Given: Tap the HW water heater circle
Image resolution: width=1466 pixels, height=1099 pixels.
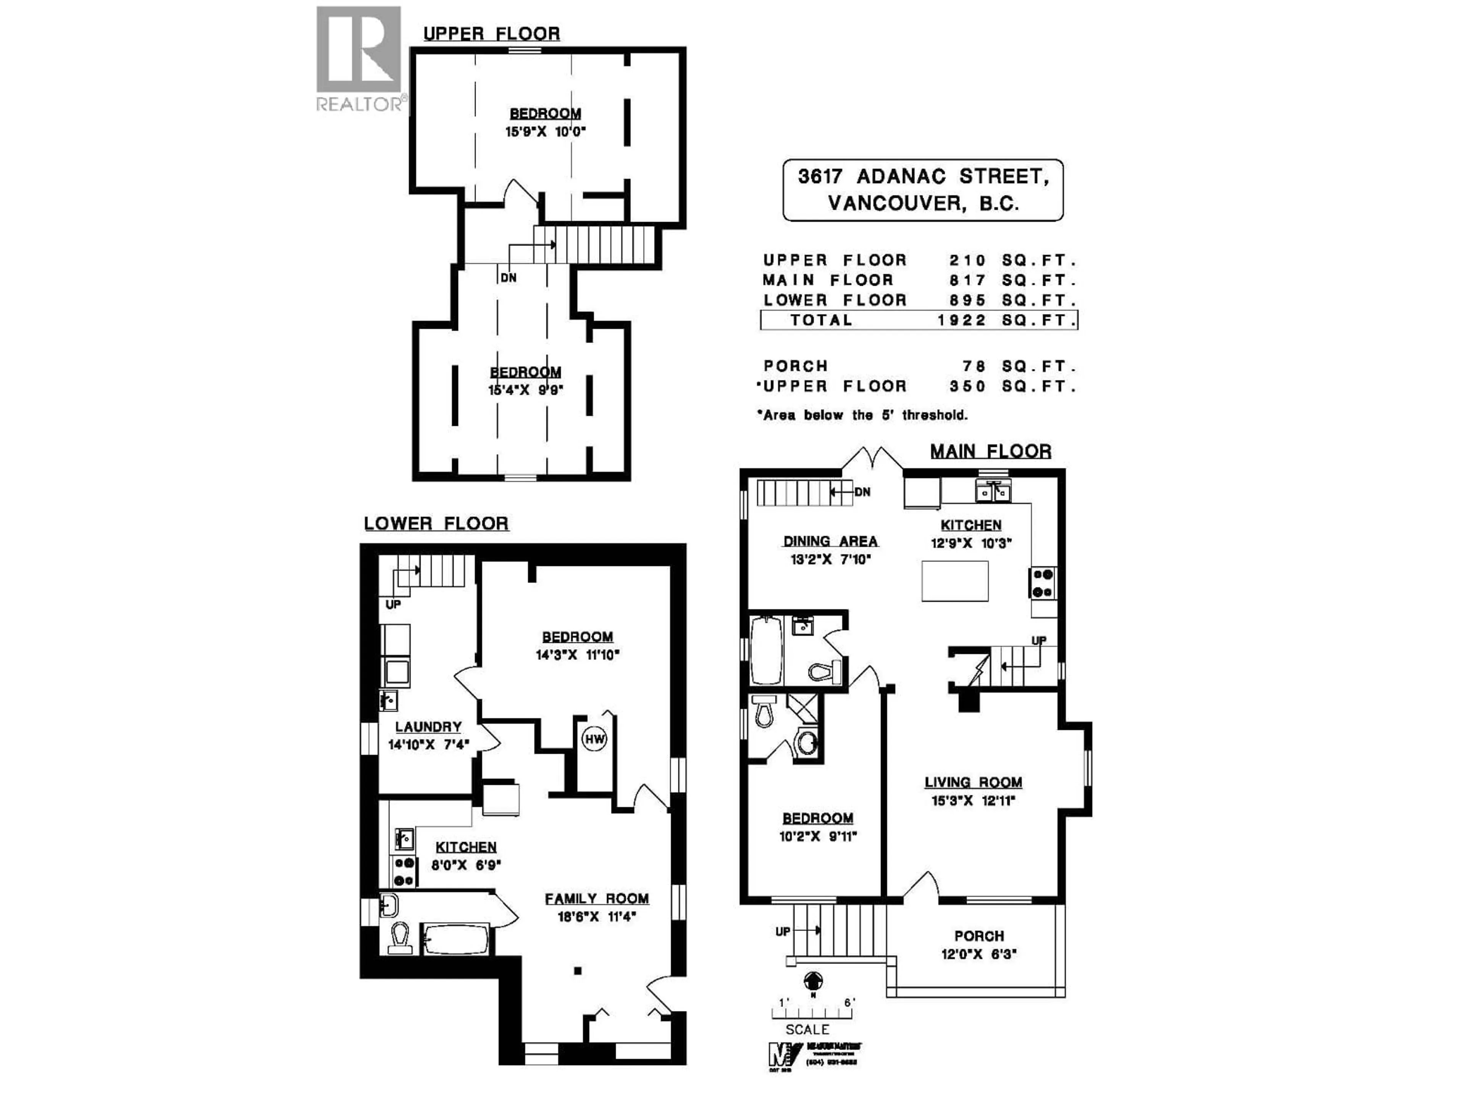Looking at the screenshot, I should pos(594,739).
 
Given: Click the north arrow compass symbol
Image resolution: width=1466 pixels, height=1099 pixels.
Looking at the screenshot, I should pos(812,980).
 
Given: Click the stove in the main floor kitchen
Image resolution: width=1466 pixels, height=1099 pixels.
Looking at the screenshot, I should pos(1043,583).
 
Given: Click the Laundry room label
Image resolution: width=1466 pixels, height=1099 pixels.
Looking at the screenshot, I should pos(428,727).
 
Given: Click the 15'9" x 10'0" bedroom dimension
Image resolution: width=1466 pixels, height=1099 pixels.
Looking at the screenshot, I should pos(546,132).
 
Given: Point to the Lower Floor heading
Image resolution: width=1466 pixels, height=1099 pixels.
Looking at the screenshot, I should pos(436,523).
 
